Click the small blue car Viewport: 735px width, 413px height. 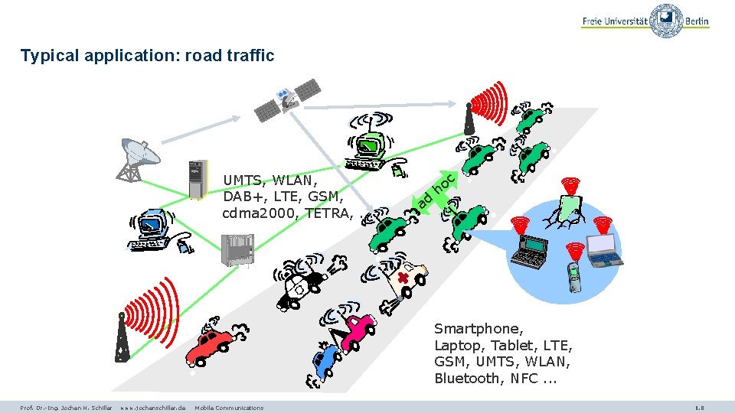tap(325, 359)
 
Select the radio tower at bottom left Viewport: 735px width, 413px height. tap(122, 340)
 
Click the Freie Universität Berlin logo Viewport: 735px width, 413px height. tap(645, 20)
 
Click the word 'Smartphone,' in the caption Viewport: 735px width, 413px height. tap(479, 329)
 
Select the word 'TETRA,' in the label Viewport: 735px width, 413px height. tap(328, 213)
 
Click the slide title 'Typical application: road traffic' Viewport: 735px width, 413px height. tap(147, 55)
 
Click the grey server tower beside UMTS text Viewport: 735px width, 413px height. tap(198, 179)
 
